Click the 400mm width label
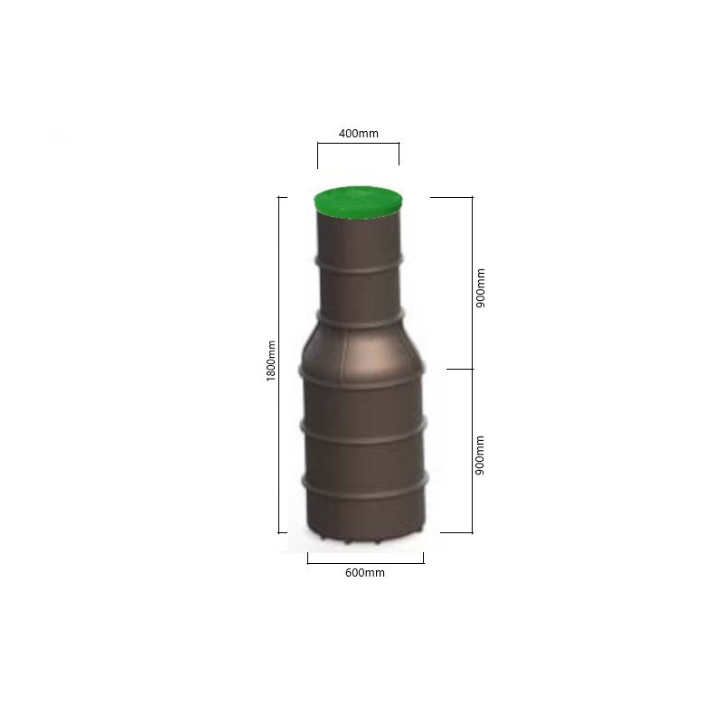(x=358, y=134)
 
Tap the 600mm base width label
(x=365, y=573)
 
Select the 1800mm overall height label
(x=271, y=361)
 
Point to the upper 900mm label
(x=481, y=288)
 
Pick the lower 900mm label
(x=480, y=455)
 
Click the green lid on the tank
(x=358, y=202)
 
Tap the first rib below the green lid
(x=359, y=264)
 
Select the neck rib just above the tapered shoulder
(x=360, y=318)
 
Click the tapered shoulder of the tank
(x=361, y=348)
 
